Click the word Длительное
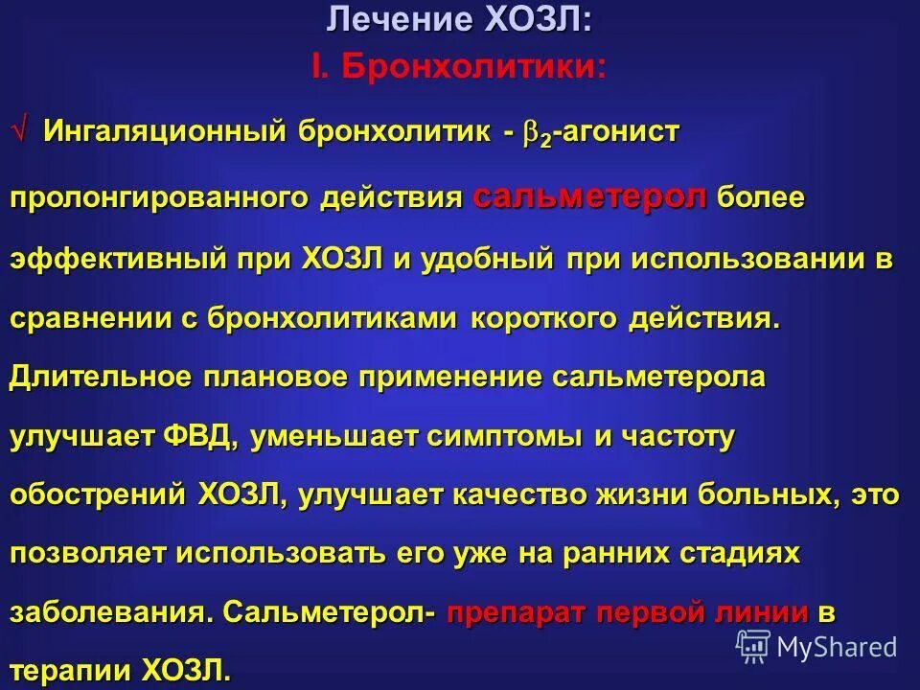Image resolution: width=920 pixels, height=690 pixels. pyautogui.click(x=101, y=377)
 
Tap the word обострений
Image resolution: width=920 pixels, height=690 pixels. pyautogui.click(x=97, y=495)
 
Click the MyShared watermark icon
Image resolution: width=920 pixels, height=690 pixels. pyautogui.click(x=752, y=647)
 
